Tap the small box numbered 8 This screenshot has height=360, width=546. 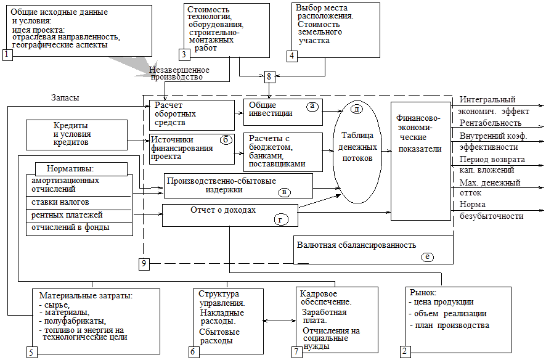coord(270,77)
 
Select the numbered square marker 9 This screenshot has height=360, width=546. coord(144,264)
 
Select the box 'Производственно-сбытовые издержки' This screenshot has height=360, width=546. coord(238,186)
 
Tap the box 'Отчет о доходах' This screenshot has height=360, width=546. coord(230,215)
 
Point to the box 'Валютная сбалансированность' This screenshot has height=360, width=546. coord(373,249)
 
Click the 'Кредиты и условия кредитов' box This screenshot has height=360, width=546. coord(75,134)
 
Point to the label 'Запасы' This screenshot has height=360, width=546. coord(65,98)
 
